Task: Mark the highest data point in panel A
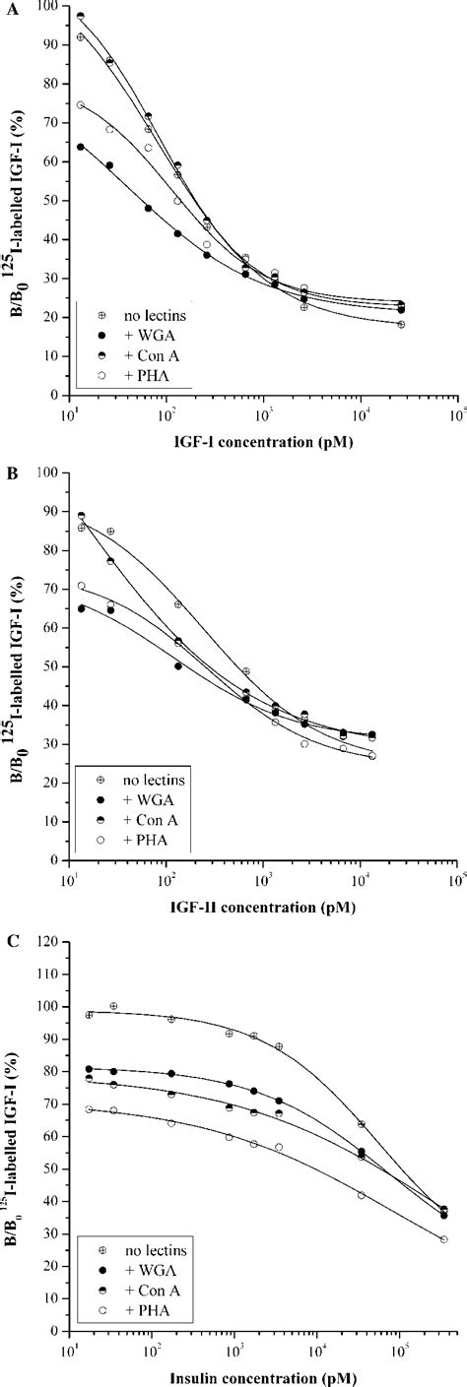[x=81, y=16]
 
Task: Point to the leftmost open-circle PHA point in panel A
[x=81, y=105]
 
